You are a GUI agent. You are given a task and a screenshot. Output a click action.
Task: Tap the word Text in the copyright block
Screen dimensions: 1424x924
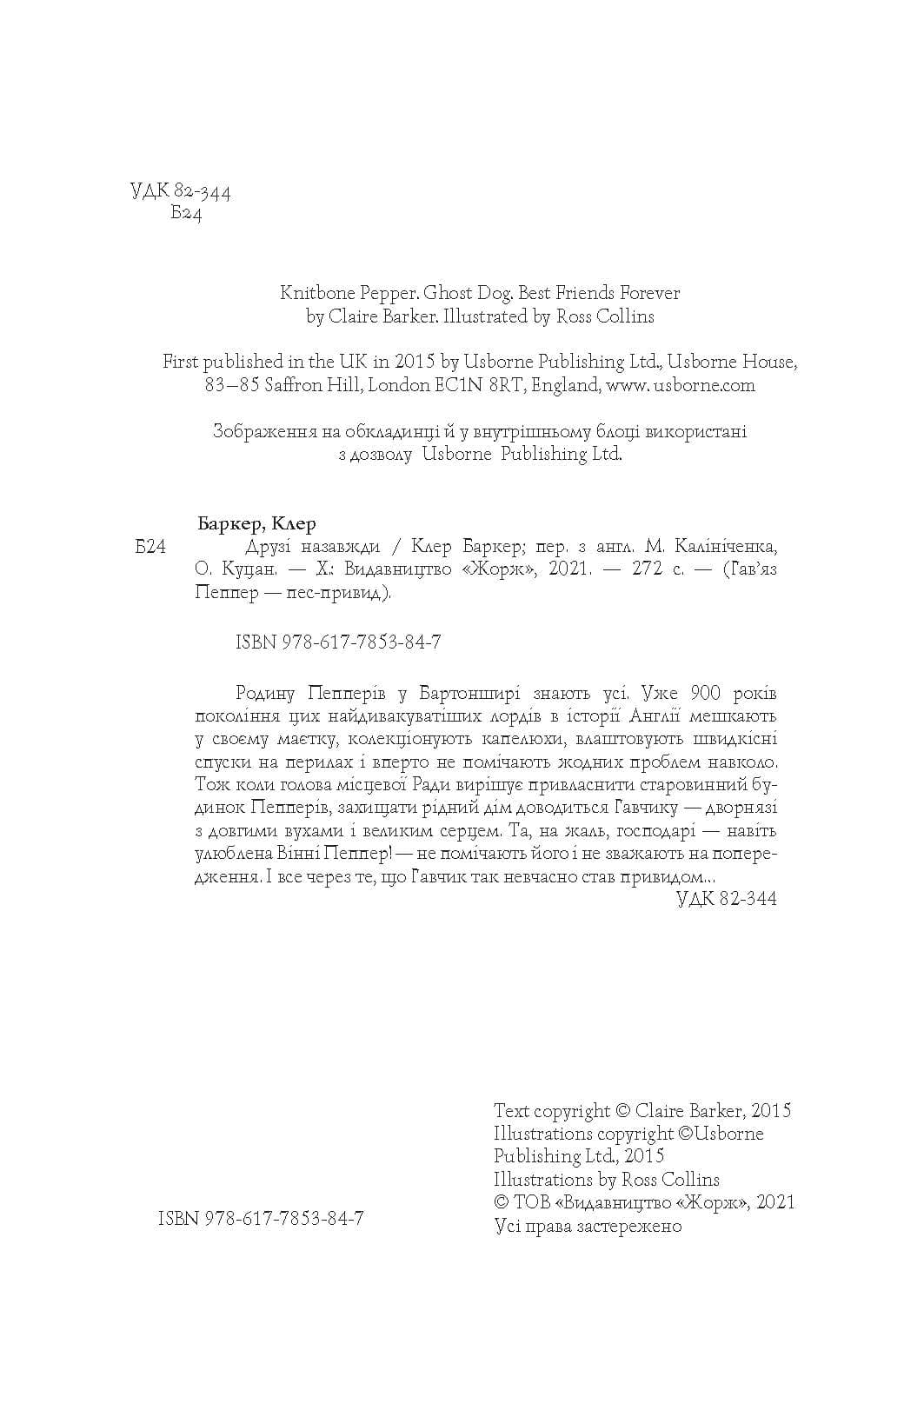tap(511, 1111)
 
